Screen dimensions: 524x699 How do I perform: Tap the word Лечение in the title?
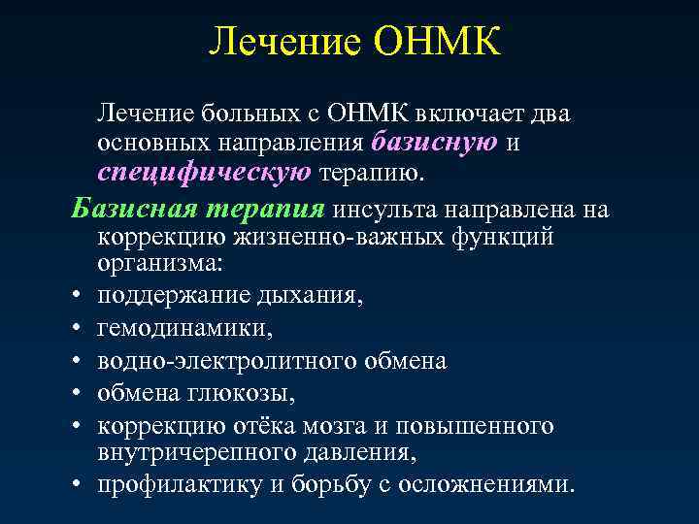click(284, 42)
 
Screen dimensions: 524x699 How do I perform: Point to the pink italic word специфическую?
click(204, 173)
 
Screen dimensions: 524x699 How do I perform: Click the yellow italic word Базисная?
click(132, 209)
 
